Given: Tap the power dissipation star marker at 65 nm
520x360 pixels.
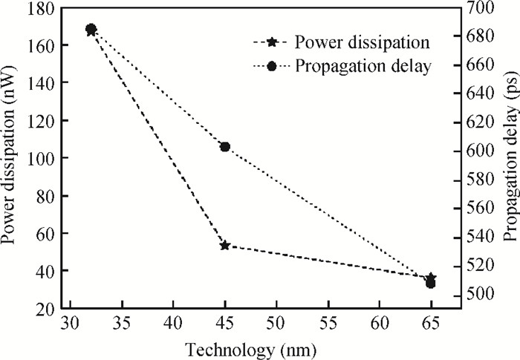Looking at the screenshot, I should click(431, 278).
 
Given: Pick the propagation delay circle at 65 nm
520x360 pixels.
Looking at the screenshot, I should click(431, 284).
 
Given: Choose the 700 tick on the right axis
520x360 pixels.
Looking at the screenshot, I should click(474, 8).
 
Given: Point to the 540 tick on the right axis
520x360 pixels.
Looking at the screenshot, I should click(474, 237).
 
